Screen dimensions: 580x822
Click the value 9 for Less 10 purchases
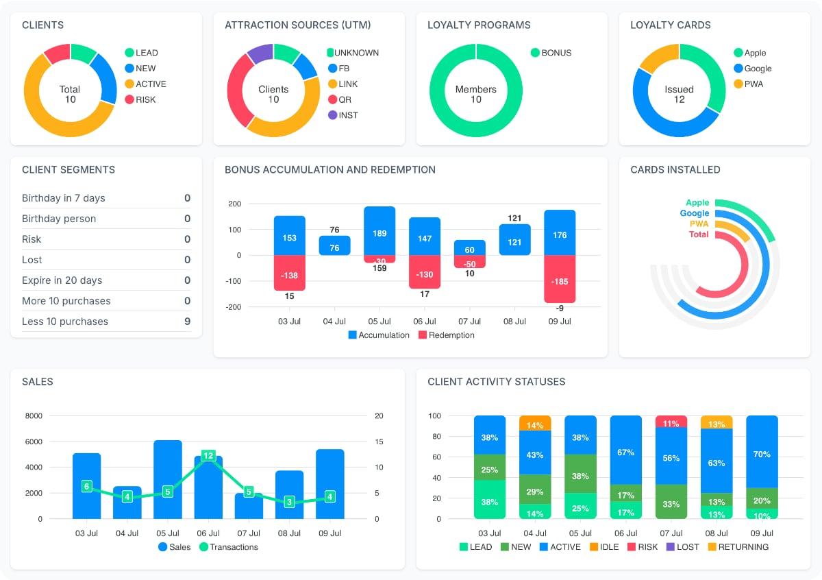[187, 322]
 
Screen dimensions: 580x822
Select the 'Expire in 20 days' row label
[62, 280]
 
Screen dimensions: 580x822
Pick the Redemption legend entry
[446, 335]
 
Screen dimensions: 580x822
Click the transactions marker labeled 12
[208, 455]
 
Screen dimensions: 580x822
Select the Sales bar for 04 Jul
[127, 503]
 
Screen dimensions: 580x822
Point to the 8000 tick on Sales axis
[34, 415]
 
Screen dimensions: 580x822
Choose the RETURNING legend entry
[737, 547]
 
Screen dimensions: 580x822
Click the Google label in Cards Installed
[694, 213]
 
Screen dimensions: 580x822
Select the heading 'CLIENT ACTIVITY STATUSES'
[496, 382]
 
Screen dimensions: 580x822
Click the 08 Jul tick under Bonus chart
[514, 322]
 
